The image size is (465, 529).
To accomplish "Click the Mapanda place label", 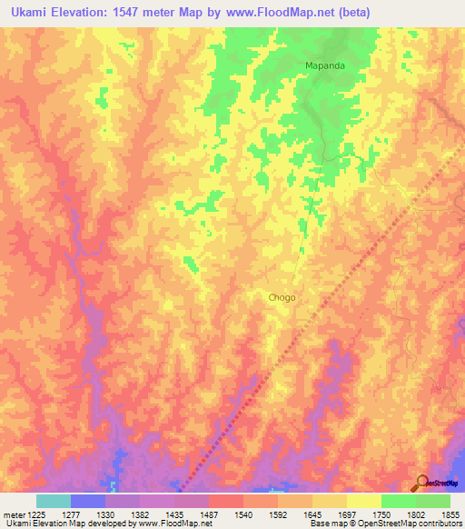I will [325, 66].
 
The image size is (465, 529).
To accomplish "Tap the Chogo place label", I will [282, 297].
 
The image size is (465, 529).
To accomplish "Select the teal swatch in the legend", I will [54, 501].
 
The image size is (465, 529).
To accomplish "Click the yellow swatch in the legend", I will [363, 501].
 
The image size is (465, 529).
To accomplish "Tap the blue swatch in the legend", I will [88, 501].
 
